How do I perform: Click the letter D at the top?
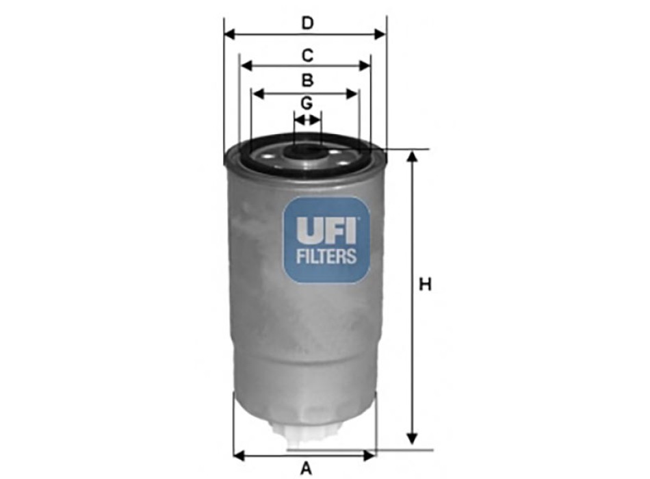coord(307,23)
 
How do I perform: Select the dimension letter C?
coord(307,55)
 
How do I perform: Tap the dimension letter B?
coord(307,80)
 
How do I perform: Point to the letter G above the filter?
coord(307,103)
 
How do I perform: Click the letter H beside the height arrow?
coord(426,284)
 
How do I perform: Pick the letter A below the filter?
coord(306,468)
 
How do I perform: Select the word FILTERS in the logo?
coord(326,257)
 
